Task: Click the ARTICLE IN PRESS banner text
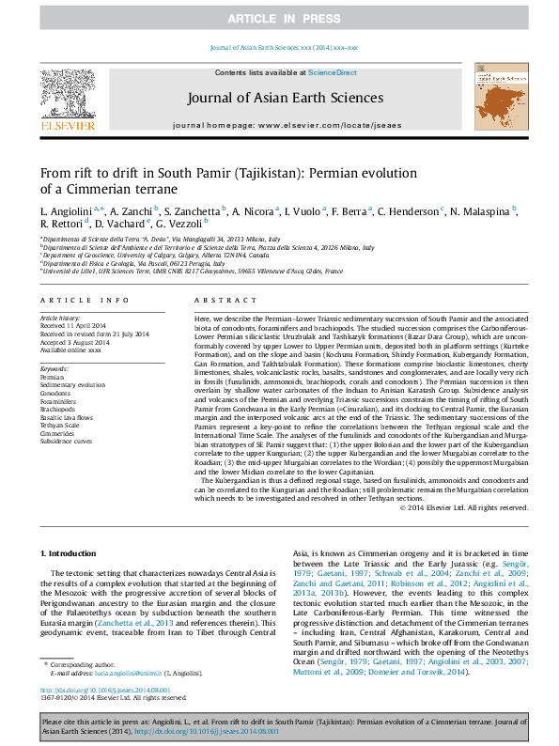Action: [x=278, y=19]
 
